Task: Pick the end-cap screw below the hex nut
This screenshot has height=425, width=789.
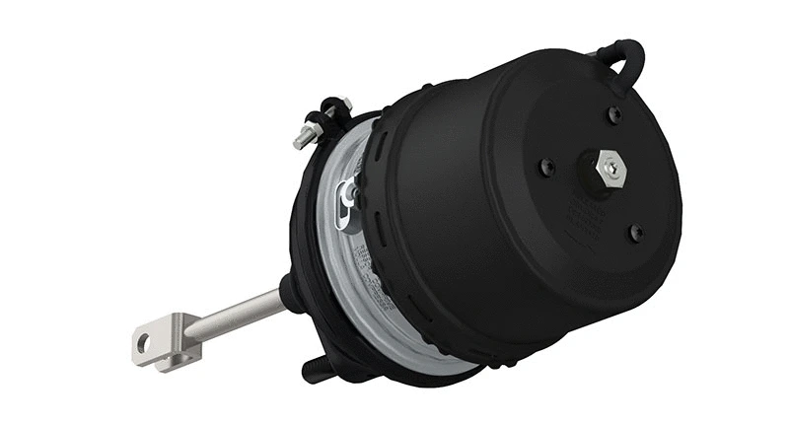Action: (636, 232)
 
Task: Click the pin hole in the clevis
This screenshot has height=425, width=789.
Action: (145, 343)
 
